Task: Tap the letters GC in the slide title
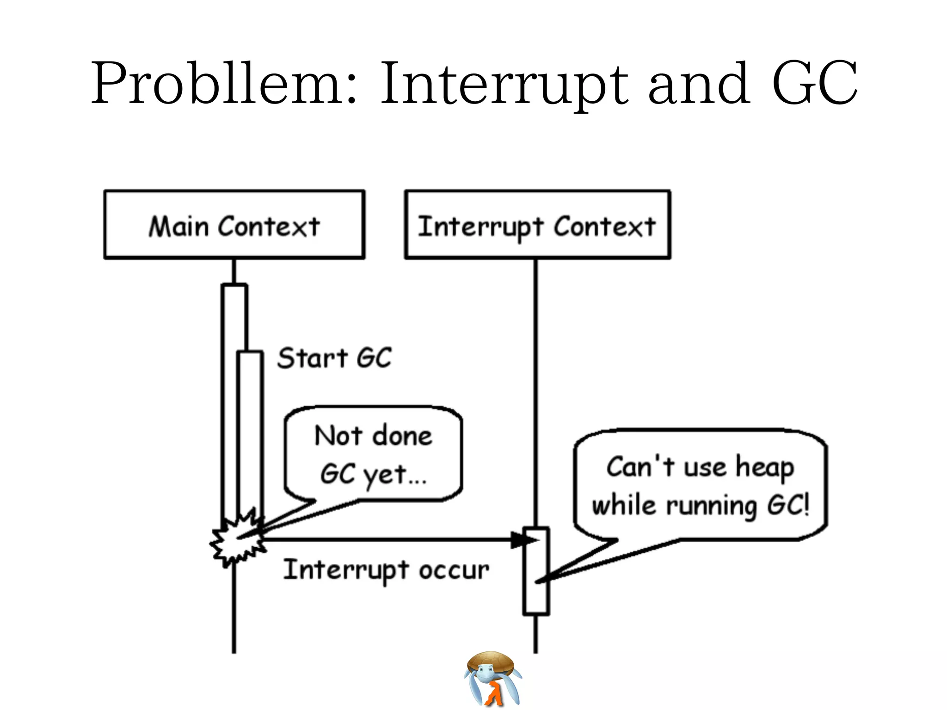click(814, 83)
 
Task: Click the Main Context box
click(234, 225)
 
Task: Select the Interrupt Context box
click(537, 225)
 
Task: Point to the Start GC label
click(334, 358)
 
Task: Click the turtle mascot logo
click(492, 679)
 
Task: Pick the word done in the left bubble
click(402, 436)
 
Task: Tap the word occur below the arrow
click(454, 571)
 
